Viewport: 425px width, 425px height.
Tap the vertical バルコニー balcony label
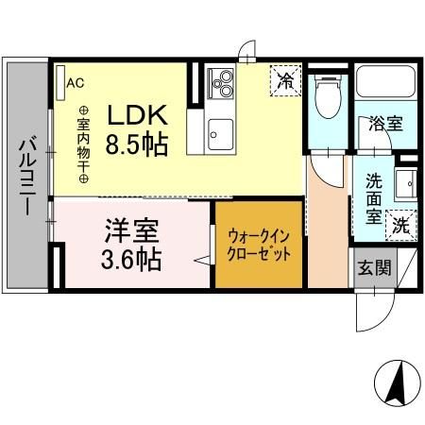pos(27,178)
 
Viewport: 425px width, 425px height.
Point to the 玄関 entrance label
pos(373,266)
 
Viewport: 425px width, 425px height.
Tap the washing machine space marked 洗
pos(401,226)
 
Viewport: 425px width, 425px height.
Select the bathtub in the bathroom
pos(384,84)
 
